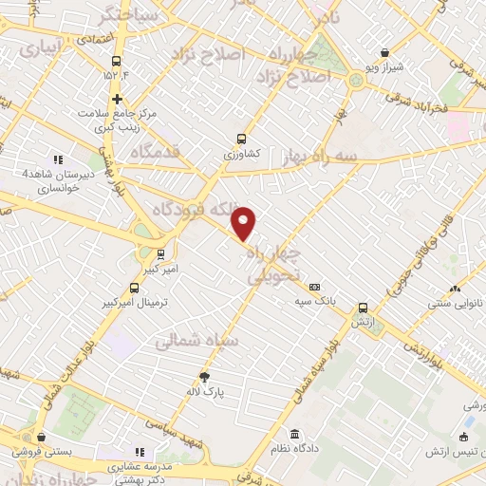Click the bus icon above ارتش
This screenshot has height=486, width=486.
coord(364,308)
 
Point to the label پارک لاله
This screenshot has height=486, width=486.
coord(205,390)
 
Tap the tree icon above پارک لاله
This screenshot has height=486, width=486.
coord(204,377)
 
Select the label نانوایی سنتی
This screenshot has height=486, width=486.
coord(455,303)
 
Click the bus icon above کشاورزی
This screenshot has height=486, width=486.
coord(241,139)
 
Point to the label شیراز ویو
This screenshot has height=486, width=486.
coord(384,68)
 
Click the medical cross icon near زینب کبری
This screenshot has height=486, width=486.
coord(116,99)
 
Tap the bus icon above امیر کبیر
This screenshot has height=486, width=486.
coord(159,254)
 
